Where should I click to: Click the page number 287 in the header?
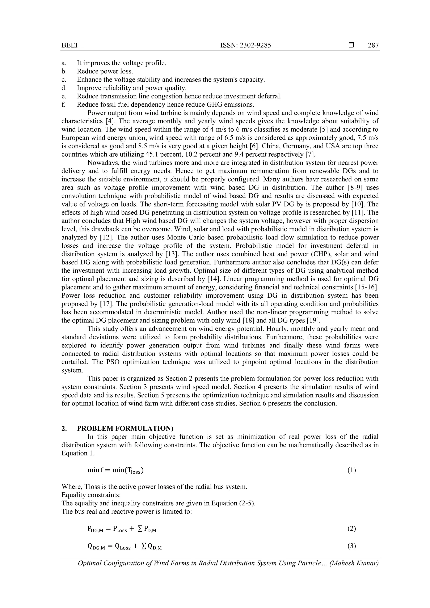tap(373, 46)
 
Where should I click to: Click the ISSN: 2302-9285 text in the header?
tap(246, 46)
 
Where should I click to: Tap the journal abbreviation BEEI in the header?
tap(69, 46)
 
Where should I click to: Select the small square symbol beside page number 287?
tap(351, 46)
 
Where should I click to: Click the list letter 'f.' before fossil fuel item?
tap(64, 105)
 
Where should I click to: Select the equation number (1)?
tap(351, 470)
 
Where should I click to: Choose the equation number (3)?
tap(351, 546)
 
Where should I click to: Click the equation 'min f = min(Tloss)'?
tap(116, 471)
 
